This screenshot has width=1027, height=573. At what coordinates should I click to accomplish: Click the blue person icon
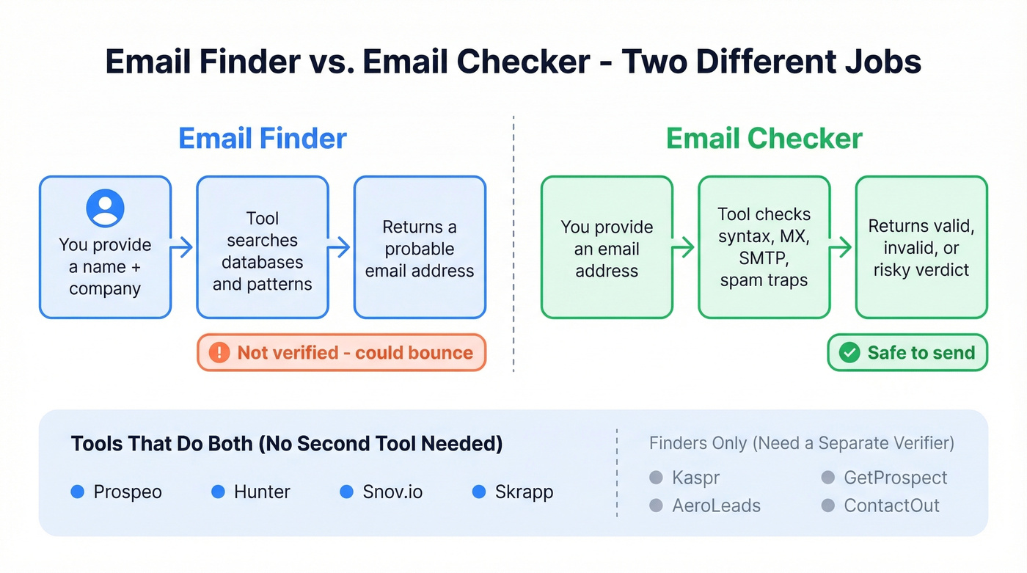(105, 208)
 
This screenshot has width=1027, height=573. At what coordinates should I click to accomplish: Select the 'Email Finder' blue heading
(263, 138)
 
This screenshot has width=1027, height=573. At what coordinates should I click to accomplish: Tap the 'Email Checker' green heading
(764, 138)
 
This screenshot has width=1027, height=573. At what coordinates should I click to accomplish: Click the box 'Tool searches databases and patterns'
(262, 247)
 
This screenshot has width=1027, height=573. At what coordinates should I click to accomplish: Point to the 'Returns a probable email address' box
(420, 247)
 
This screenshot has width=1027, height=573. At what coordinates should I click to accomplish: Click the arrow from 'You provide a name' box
(183, 247)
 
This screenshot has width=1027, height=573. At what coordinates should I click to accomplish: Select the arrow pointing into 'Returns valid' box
(842, 247)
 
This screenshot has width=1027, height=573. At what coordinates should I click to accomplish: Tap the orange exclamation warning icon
(219, 353)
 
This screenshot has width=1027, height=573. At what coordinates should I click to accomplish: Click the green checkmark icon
(849, 353)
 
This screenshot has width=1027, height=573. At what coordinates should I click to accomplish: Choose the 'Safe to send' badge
(907, 353)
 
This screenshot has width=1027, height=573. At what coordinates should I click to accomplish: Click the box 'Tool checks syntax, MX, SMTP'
(764, 247)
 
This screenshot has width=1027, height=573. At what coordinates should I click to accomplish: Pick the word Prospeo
(128, 492)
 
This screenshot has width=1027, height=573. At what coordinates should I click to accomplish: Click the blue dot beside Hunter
(218, 492)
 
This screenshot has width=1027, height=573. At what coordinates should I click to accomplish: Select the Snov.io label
(392, 492)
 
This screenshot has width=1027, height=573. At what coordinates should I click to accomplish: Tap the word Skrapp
(524, 492)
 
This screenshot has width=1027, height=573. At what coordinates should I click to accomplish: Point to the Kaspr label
(695, 478)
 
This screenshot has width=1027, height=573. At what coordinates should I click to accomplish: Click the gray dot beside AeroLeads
(657, 506)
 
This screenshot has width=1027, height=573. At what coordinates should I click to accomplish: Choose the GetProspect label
(895, 478)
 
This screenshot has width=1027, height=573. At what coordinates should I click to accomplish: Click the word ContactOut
(891, 506)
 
